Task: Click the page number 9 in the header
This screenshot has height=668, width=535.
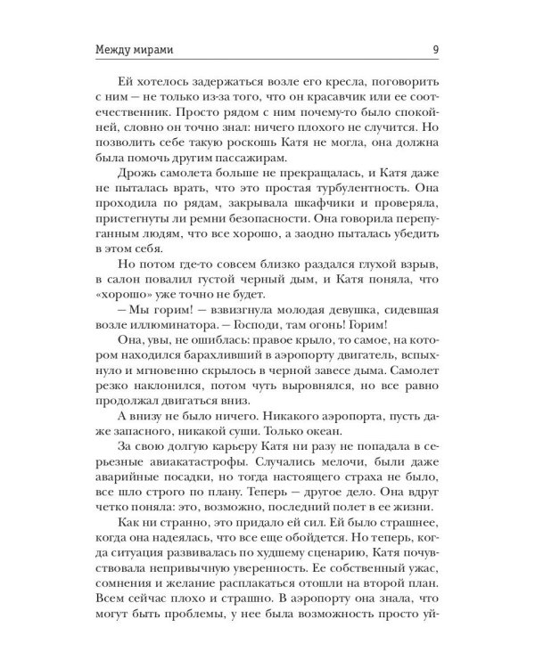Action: pos(432,48)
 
